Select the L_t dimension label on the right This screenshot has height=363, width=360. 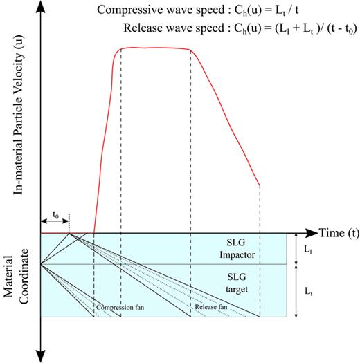coord(307,291)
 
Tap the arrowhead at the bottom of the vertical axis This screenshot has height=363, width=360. coord(42,355)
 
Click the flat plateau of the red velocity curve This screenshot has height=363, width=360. coord(156,48)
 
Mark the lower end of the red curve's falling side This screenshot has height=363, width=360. coord(259,185)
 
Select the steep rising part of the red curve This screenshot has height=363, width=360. coord(104,138)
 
